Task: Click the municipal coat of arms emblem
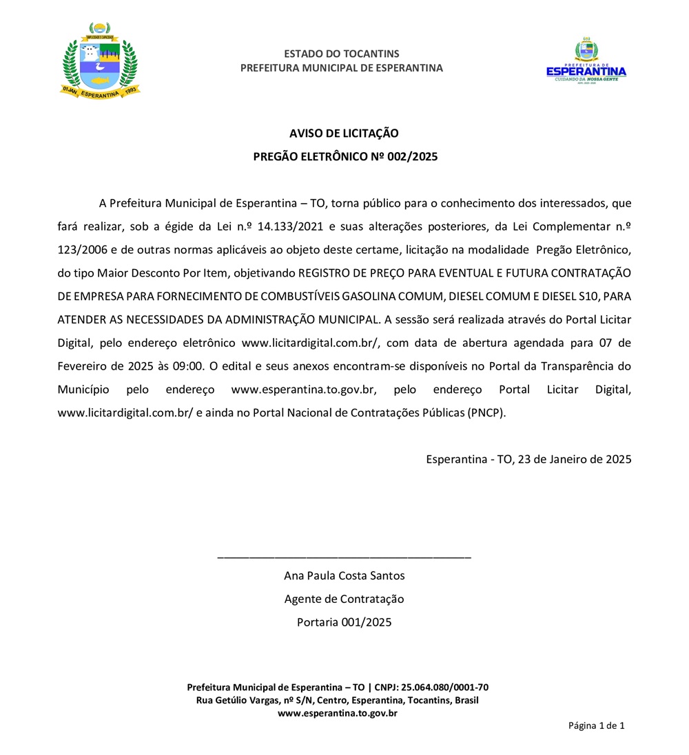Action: point(100,61)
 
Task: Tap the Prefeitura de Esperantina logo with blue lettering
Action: point(586,61)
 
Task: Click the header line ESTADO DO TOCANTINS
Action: point(341,54)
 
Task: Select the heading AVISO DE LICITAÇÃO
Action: point(344,133)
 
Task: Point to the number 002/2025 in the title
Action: point(412,156)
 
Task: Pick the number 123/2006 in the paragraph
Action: point(79,250)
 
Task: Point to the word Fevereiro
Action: point(82,366)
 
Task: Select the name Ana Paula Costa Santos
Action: point(344,576)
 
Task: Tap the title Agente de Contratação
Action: point(344,599)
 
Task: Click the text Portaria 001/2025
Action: point(344,623)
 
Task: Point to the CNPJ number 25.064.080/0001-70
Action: point(446,688)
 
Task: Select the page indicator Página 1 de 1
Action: point(596,725)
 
